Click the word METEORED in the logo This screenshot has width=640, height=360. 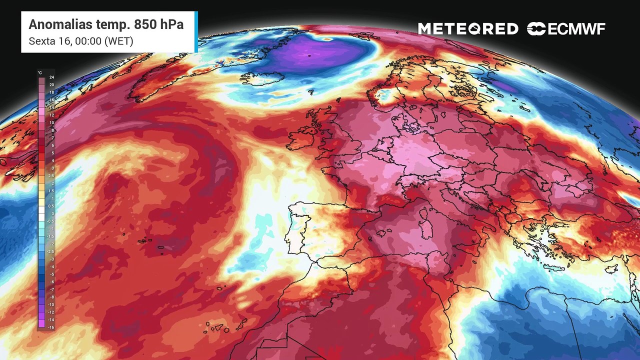468,29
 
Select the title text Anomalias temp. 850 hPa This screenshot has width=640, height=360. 106,24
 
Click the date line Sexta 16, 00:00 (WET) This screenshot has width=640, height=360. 81,41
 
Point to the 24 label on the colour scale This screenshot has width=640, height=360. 51,77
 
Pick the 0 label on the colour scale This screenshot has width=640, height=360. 52,213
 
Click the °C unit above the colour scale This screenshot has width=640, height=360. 40,73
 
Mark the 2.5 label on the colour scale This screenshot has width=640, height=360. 51,175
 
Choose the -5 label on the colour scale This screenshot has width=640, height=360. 51,274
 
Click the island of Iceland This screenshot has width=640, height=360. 262,78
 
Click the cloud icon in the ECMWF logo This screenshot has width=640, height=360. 536,29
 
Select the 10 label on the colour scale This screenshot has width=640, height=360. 51,122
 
